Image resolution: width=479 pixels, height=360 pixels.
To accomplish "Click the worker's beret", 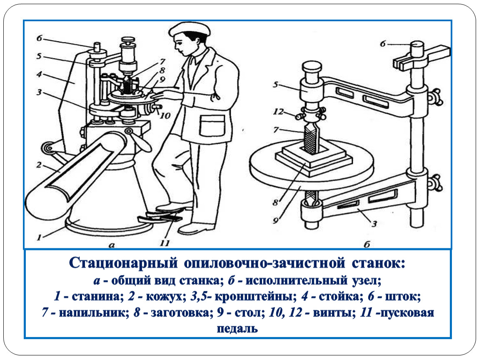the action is click(x=190, y=29).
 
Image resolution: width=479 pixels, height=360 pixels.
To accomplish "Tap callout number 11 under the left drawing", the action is click(x=165, y=243).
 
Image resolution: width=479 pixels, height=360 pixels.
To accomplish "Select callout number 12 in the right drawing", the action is click(x=278, y=112).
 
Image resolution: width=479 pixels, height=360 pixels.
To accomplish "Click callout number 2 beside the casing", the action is click(x=39, y=165).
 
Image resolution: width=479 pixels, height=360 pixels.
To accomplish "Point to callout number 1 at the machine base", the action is click(x=39, y=237).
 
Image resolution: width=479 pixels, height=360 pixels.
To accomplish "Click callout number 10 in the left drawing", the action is click(x=165, y=115).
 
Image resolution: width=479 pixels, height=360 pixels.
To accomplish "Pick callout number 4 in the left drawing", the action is click(x=39, y=74).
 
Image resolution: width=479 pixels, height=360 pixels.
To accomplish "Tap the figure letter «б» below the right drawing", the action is click(x=367, y=244).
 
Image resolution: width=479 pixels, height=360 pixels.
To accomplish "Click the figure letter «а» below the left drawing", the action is click(x=112, y=245).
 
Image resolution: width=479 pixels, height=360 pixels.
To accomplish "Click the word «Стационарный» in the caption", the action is click(x=123, y=263).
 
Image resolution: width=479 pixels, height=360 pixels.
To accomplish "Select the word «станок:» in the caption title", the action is click(x=378, y=263).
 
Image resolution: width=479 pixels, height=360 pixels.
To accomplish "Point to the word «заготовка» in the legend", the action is click(x=180, y=313).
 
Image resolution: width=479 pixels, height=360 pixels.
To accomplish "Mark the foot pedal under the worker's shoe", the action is click(x=160, y=217).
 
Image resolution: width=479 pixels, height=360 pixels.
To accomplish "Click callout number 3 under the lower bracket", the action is click(x=374, y=224).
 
